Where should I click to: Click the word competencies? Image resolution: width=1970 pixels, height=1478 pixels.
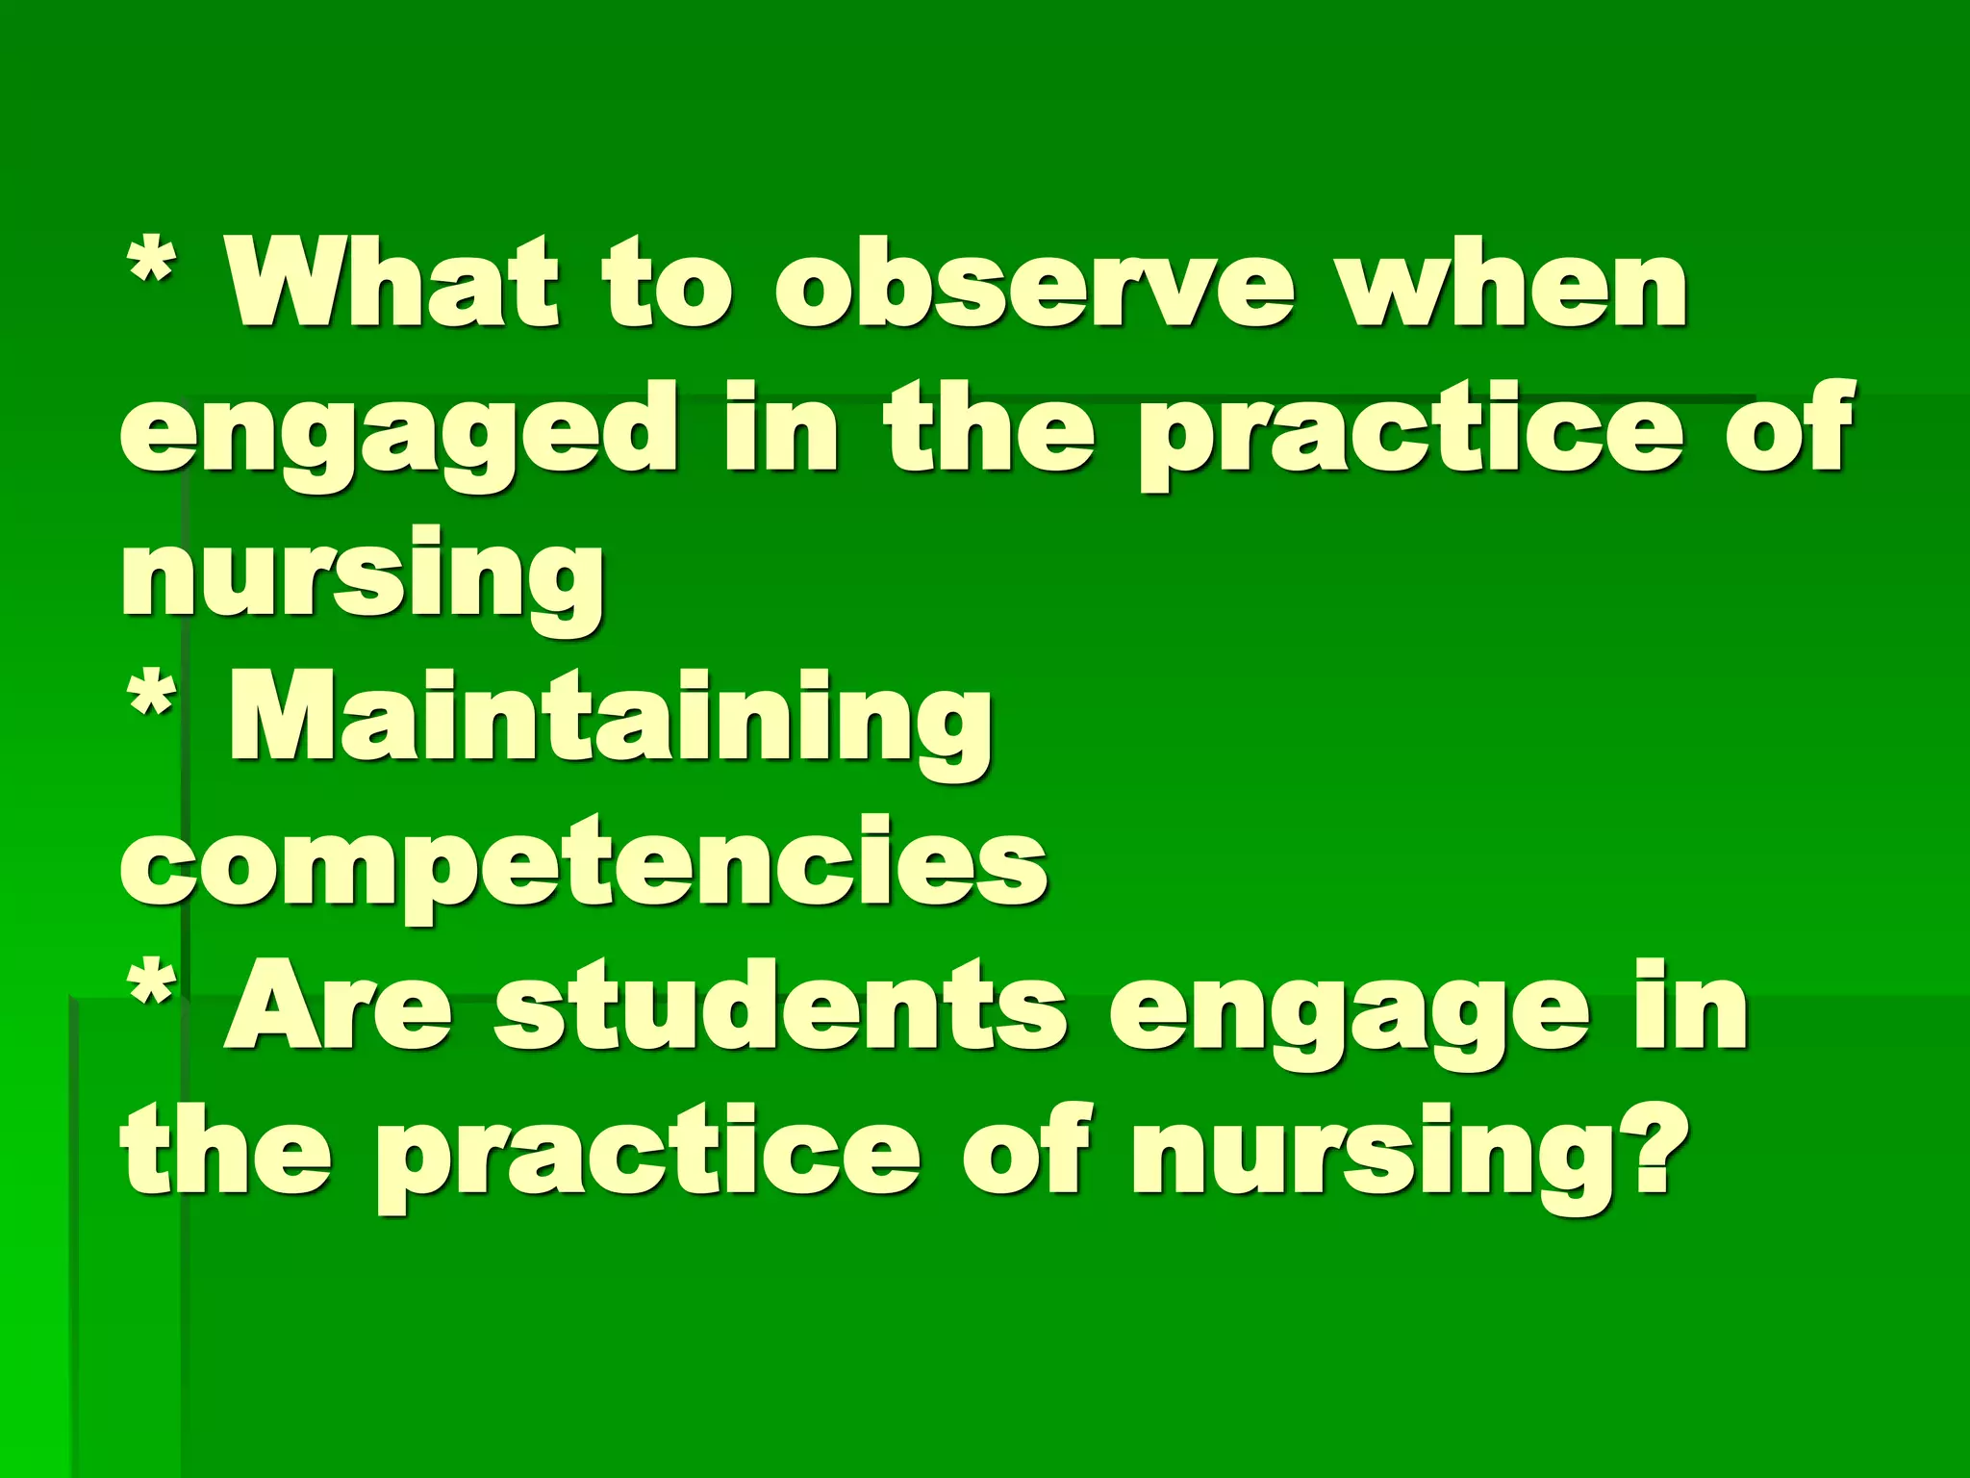point(584,861)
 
